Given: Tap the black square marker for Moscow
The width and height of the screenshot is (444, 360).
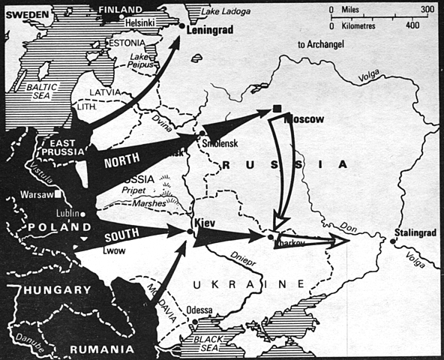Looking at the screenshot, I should [276, 111].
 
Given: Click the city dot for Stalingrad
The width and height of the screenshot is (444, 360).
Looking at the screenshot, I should [393, 241].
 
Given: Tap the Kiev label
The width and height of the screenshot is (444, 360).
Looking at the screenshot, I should [205, 223].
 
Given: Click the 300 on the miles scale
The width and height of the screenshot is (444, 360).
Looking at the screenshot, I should [427, 9].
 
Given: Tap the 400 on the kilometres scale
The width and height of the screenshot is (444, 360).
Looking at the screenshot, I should [412, 25].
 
